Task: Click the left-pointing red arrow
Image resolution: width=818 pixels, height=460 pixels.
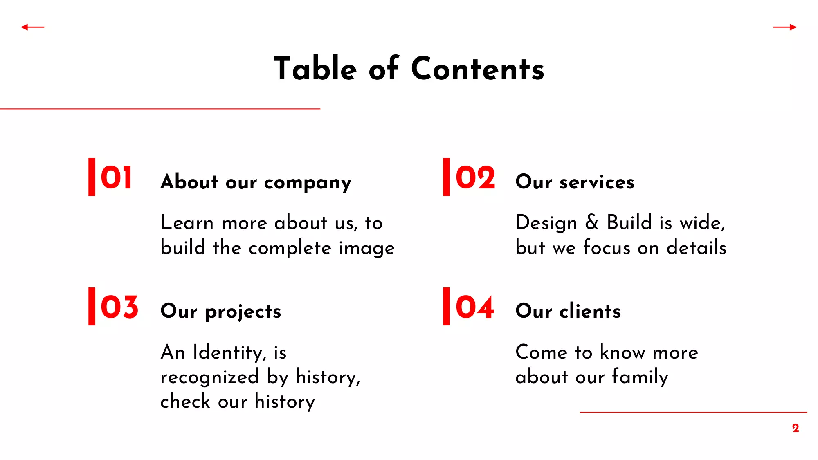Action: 33,27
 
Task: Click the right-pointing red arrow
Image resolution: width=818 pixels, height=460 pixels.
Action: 785,27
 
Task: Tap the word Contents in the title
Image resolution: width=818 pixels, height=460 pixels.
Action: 478,68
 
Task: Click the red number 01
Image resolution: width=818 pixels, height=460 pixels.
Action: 117,178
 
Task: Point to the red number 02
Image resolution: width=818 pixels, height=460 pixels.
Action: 475,178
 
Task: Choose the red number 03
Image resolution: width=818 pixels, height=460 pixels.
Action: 119,307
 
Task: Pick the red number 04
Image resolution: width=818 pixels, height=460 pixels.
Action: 475,307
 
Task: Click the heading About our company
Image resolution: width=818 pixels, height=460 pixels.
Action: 256,182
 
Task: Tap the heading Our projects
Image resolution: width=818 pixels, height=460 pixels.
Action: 221,312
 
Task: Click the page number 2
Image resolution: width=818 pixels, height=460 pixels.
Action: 796,428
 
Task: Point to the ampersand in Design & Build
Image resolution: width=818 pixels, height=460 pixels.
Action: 592,222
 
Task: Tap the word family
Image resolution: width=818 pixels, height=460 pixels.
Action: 640,377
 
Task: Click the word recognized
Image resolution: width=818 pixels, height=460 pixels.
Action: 210,377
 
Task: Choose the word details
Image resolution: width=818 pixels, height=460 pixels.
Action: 697,247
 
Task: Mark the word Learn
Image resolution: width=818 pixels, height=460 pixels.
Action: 187,222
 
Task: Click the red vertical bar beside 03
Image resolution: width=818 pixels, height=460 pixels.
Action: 92,307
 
